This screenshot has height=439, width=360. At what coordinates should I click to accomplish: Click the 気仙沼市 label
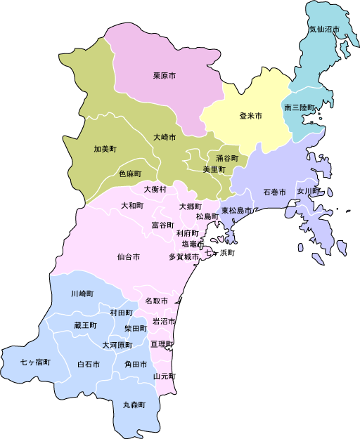324,30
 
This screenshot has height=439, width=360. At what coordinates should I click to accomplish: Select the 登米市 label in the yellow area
250,115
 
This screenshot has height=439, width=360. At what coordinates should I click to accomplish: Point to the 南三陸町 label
300,107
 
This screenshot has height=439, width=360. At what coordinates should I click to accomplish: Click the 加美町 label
105,149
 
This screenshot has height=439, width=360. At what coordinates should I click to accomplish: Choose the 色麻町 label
130,173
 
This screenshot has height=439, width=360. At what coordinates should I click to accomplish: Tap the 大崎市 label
165,137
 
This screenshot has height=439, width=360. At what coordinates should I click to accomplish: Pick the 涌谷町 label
227,158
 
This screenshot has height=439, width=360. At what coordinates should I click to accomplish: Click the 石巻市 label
274,192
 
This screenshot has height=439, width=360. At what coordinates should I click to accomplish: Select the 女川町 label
308,190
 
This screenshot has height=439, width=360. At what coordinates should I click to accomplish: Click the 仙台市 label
129,257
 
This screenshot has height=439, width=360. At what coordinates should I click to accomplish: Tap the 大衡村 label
155,189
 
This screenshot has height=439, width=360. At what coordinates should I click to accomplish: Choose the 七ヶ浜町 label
219,251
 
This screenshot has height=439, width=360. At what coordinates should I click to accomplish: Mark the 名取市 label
156,301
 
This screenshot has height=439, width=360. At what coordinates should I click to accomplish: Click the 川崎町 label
82,293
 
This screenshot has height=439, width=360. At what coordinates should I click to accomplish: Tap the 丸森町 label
134,405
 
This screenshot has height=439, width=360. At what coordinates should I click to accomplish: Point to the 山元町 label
165,376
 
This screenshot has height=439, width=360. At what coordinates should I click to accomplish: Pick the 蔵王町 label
85,325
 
